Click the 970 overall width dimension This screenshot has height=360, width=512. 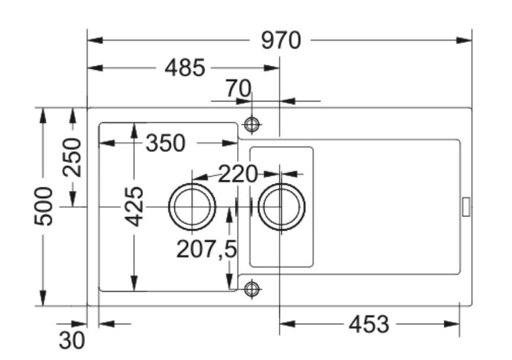(282, 41)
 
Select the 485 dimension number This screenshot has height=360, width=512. (185, 68)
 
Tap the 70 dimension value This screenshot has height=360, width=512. (238, 89)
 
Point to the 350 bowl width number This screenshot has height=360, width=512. (166, 143)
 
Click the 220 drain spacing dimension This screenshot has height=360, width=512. (238, 174)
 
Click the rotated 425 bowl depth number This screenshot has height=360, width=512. (135, 206)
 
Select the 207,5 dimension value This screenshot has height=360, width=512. (206, 250)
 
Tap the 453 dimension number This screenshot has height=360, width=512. (368, 324)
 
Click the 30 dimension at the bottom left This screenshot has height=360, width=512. (72, 340)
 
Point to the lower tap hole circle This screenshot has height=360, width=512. (252, 289)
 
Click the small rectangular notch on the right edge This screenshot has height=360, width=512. (466, 206)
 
